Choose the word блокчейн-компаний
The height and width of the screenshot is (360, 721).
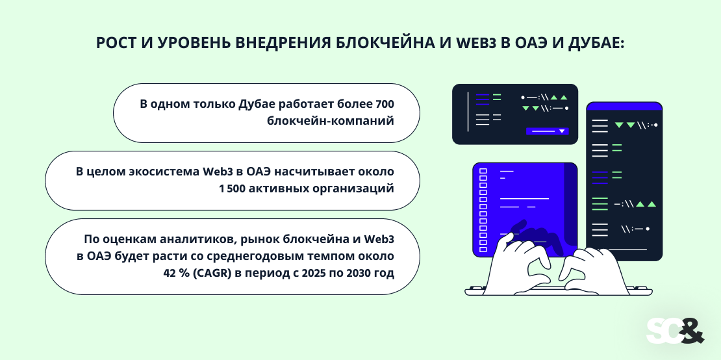coord(331,121)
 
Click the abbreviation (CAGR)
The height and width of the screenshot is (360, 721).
coord(213,274)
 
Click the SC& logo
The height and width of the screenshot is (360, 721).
coord(674,330)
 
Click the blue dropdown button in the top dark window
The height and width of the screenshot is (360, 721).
coord(547,131)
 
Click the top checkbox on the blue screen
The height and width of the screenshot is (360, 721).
coord(483,172)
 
